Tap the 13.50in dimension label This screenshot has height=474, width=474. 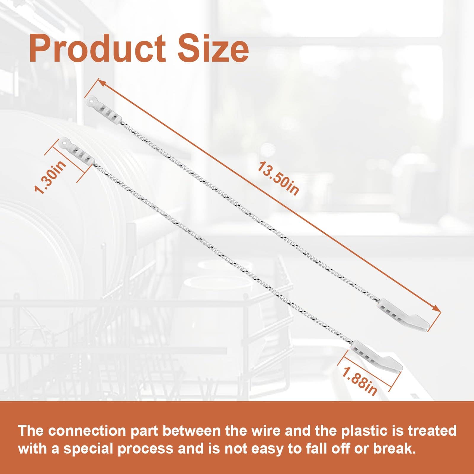(x=278, y=178)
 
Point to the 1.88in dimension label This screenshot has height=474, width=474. (x=359, y=381)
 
